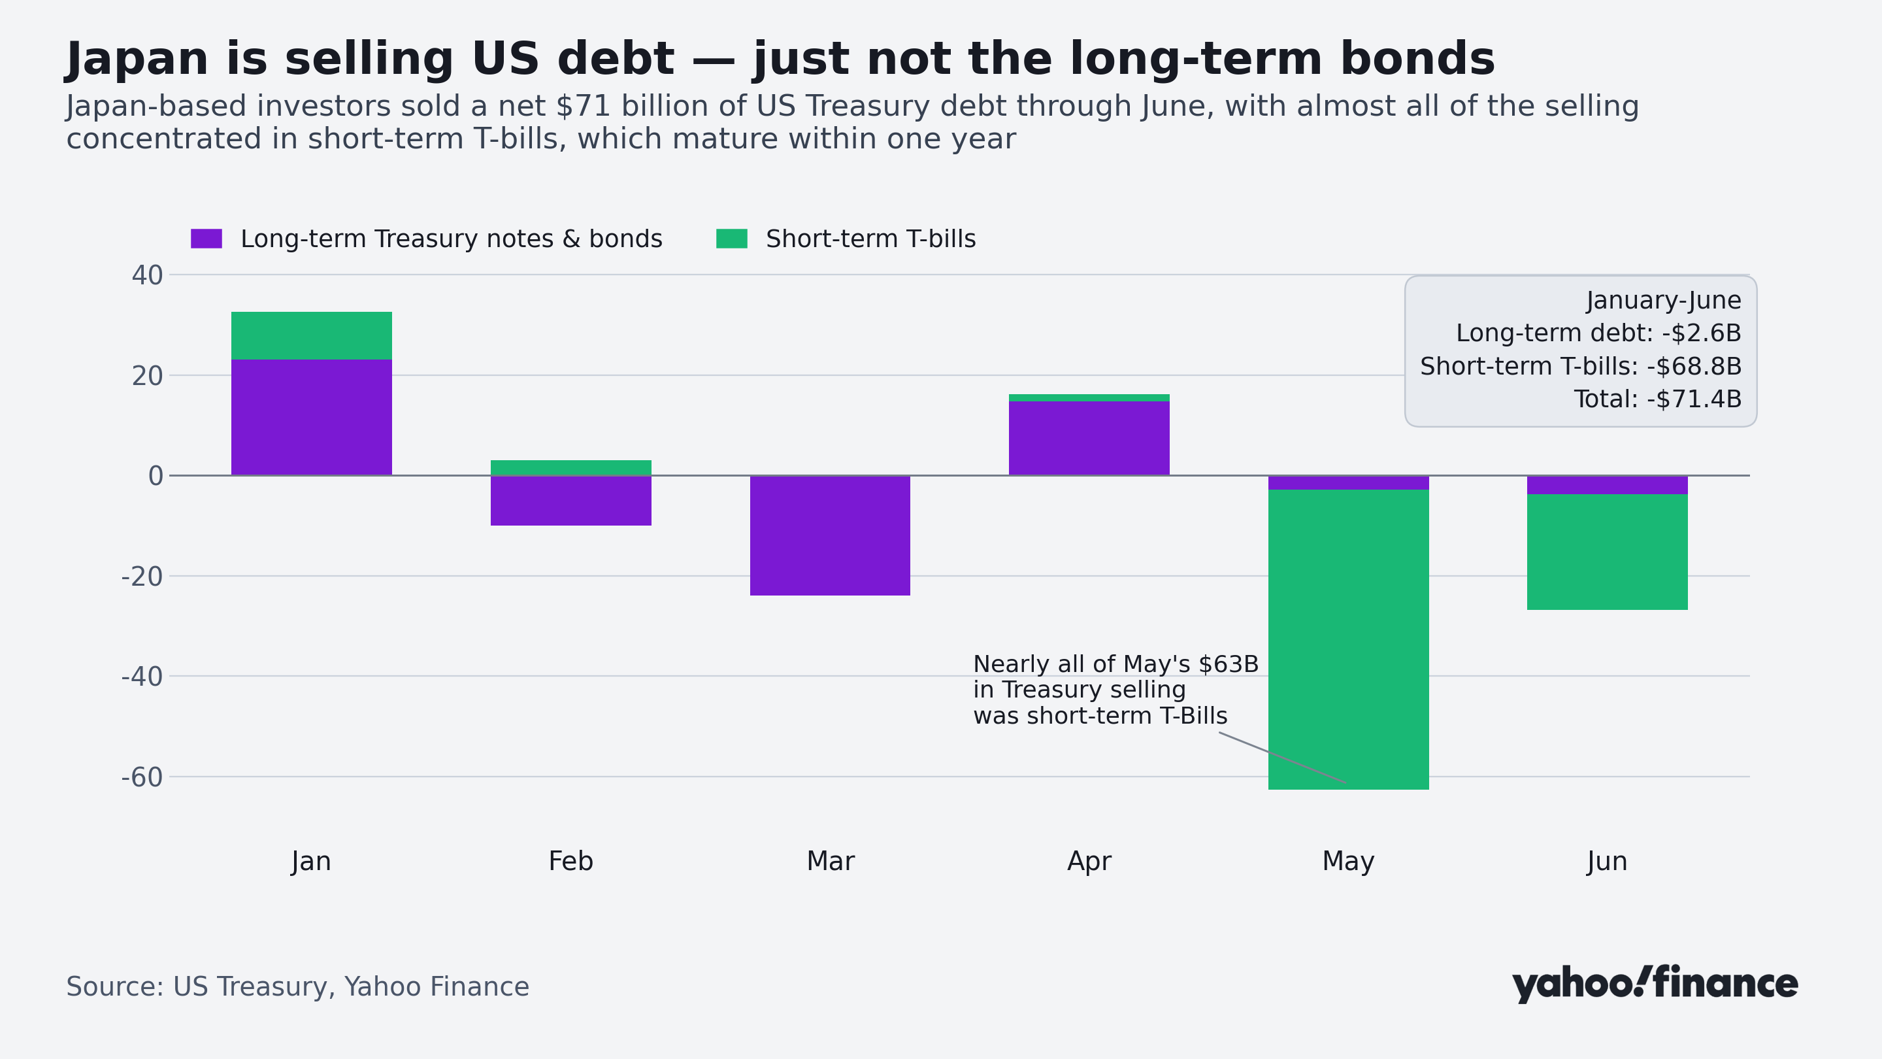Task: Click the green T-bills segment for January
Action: click(x=311, y=335)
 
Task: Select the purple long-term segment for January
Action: click(x=311, y=417)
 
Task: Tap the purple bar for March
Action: click(x=830, y=536)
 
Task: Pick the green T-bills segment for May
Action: click(x=1348, y=639)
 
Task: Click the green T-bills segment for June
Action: click(x=1608, y=552)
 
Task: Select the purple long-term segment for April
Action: click(x=1089, y=439)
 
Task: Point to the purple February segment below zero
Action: click(x=570, y=501)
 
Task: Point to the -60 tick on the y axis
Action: click(x=142, y=777)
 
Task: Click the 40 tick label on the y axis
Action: click(x=148, y=275)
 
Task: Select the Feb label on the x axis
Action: click(x=570, y=861)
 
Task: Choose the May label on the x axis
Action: click(x=1348, y=862)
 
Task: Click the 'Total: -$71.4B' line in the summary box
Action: click(x=1657, y=399)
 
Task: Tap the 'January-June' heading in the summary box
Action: click(x=1664, y=301)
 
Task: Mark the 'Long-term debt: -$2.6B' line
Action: click(x=1598, y=333)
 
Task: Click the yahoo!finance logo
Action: click(x=1655, y=984)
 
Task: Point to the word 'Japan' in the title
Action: click(x=137, y=59)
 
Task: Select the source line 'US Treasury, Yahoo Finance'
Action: click(x=351, y=986)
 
